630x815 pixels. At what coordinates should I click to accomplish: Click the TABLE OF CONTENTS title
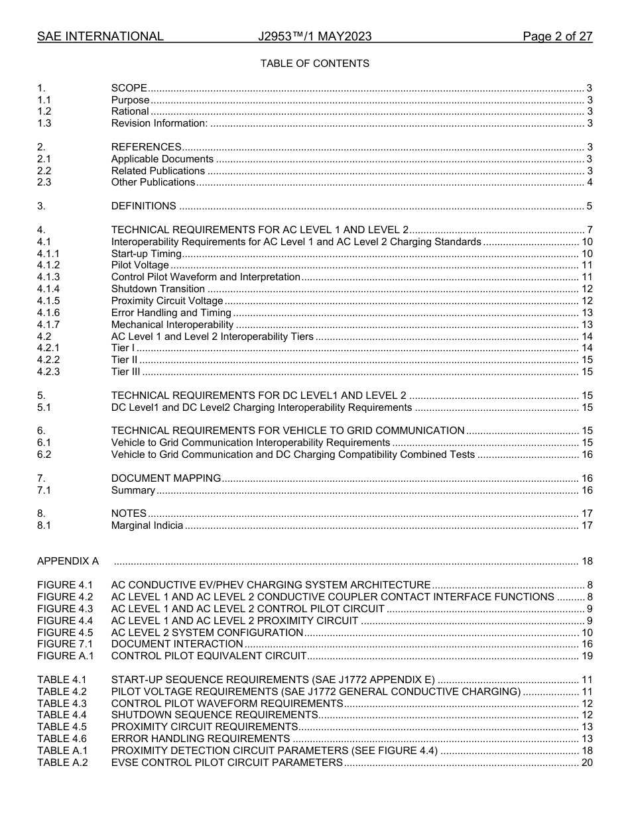click(x=314, y=64)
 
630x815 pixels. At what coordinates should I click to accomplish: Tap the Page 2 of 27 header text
click(x=557, y=36)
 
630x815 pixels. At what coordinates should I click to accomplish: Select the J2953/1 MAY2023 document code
click(x=314, y=36)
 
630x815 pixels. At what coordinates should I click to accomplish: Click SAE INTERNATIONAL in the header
click(x=100, y=36)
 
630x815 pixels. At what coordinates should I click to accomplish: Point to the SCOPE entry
click(x=129, y=88)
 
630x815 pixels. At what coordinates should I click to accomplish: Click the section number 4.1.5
click(x=48, y=301)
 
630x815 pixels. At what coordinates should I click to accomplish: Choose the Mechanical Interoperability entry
click(x=172, y=325)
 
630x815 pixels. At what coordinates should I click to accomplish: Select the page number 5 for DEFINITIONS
click(x=589, y=206)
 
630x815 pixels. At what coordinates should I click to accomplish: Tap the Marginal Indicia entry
click(x=147, y=525)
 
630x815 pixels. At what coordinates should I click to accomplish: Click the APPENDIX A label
click(x=68, y=561)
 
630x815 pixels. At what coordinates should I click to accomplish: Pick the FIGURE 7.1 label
click(x=65, y=644)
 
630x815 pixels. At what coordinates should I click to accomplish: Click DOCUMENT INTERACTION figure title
click(x=177, y=644)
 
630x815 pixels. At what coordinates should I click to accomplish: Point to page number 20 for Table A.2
click(x=586, y=763)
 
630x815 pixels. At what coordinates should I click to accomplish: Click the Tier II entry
click(x=124, y=360)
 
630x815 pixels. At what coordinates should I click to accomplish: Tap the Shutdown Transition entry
click(x=158, y=289)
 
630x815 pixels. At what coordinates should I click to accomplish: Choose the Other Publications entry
click(x=153, y=182)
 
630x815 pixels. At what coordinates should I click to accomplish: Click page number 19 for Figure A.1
click(x=586, y=656)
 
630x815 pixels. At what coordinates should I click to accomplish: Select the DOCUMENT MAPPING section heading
click(x=166, y=478)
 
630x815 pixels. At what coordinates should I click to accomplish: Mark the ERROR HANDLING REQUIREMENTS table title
click(x=200, y=739)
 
